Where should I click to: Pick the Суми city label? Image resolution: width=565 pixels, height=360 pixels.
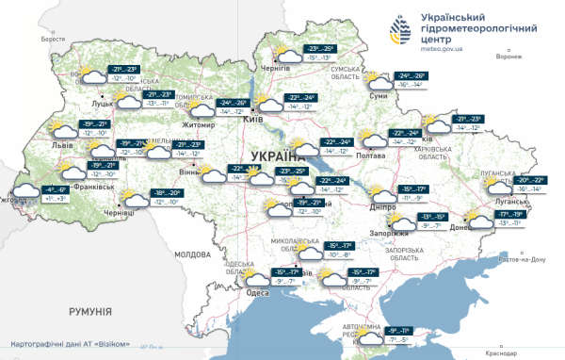[x=379, y=96]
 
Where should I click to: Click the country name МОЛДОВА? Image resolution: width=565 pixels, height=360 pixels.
[x=193, y=254]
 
